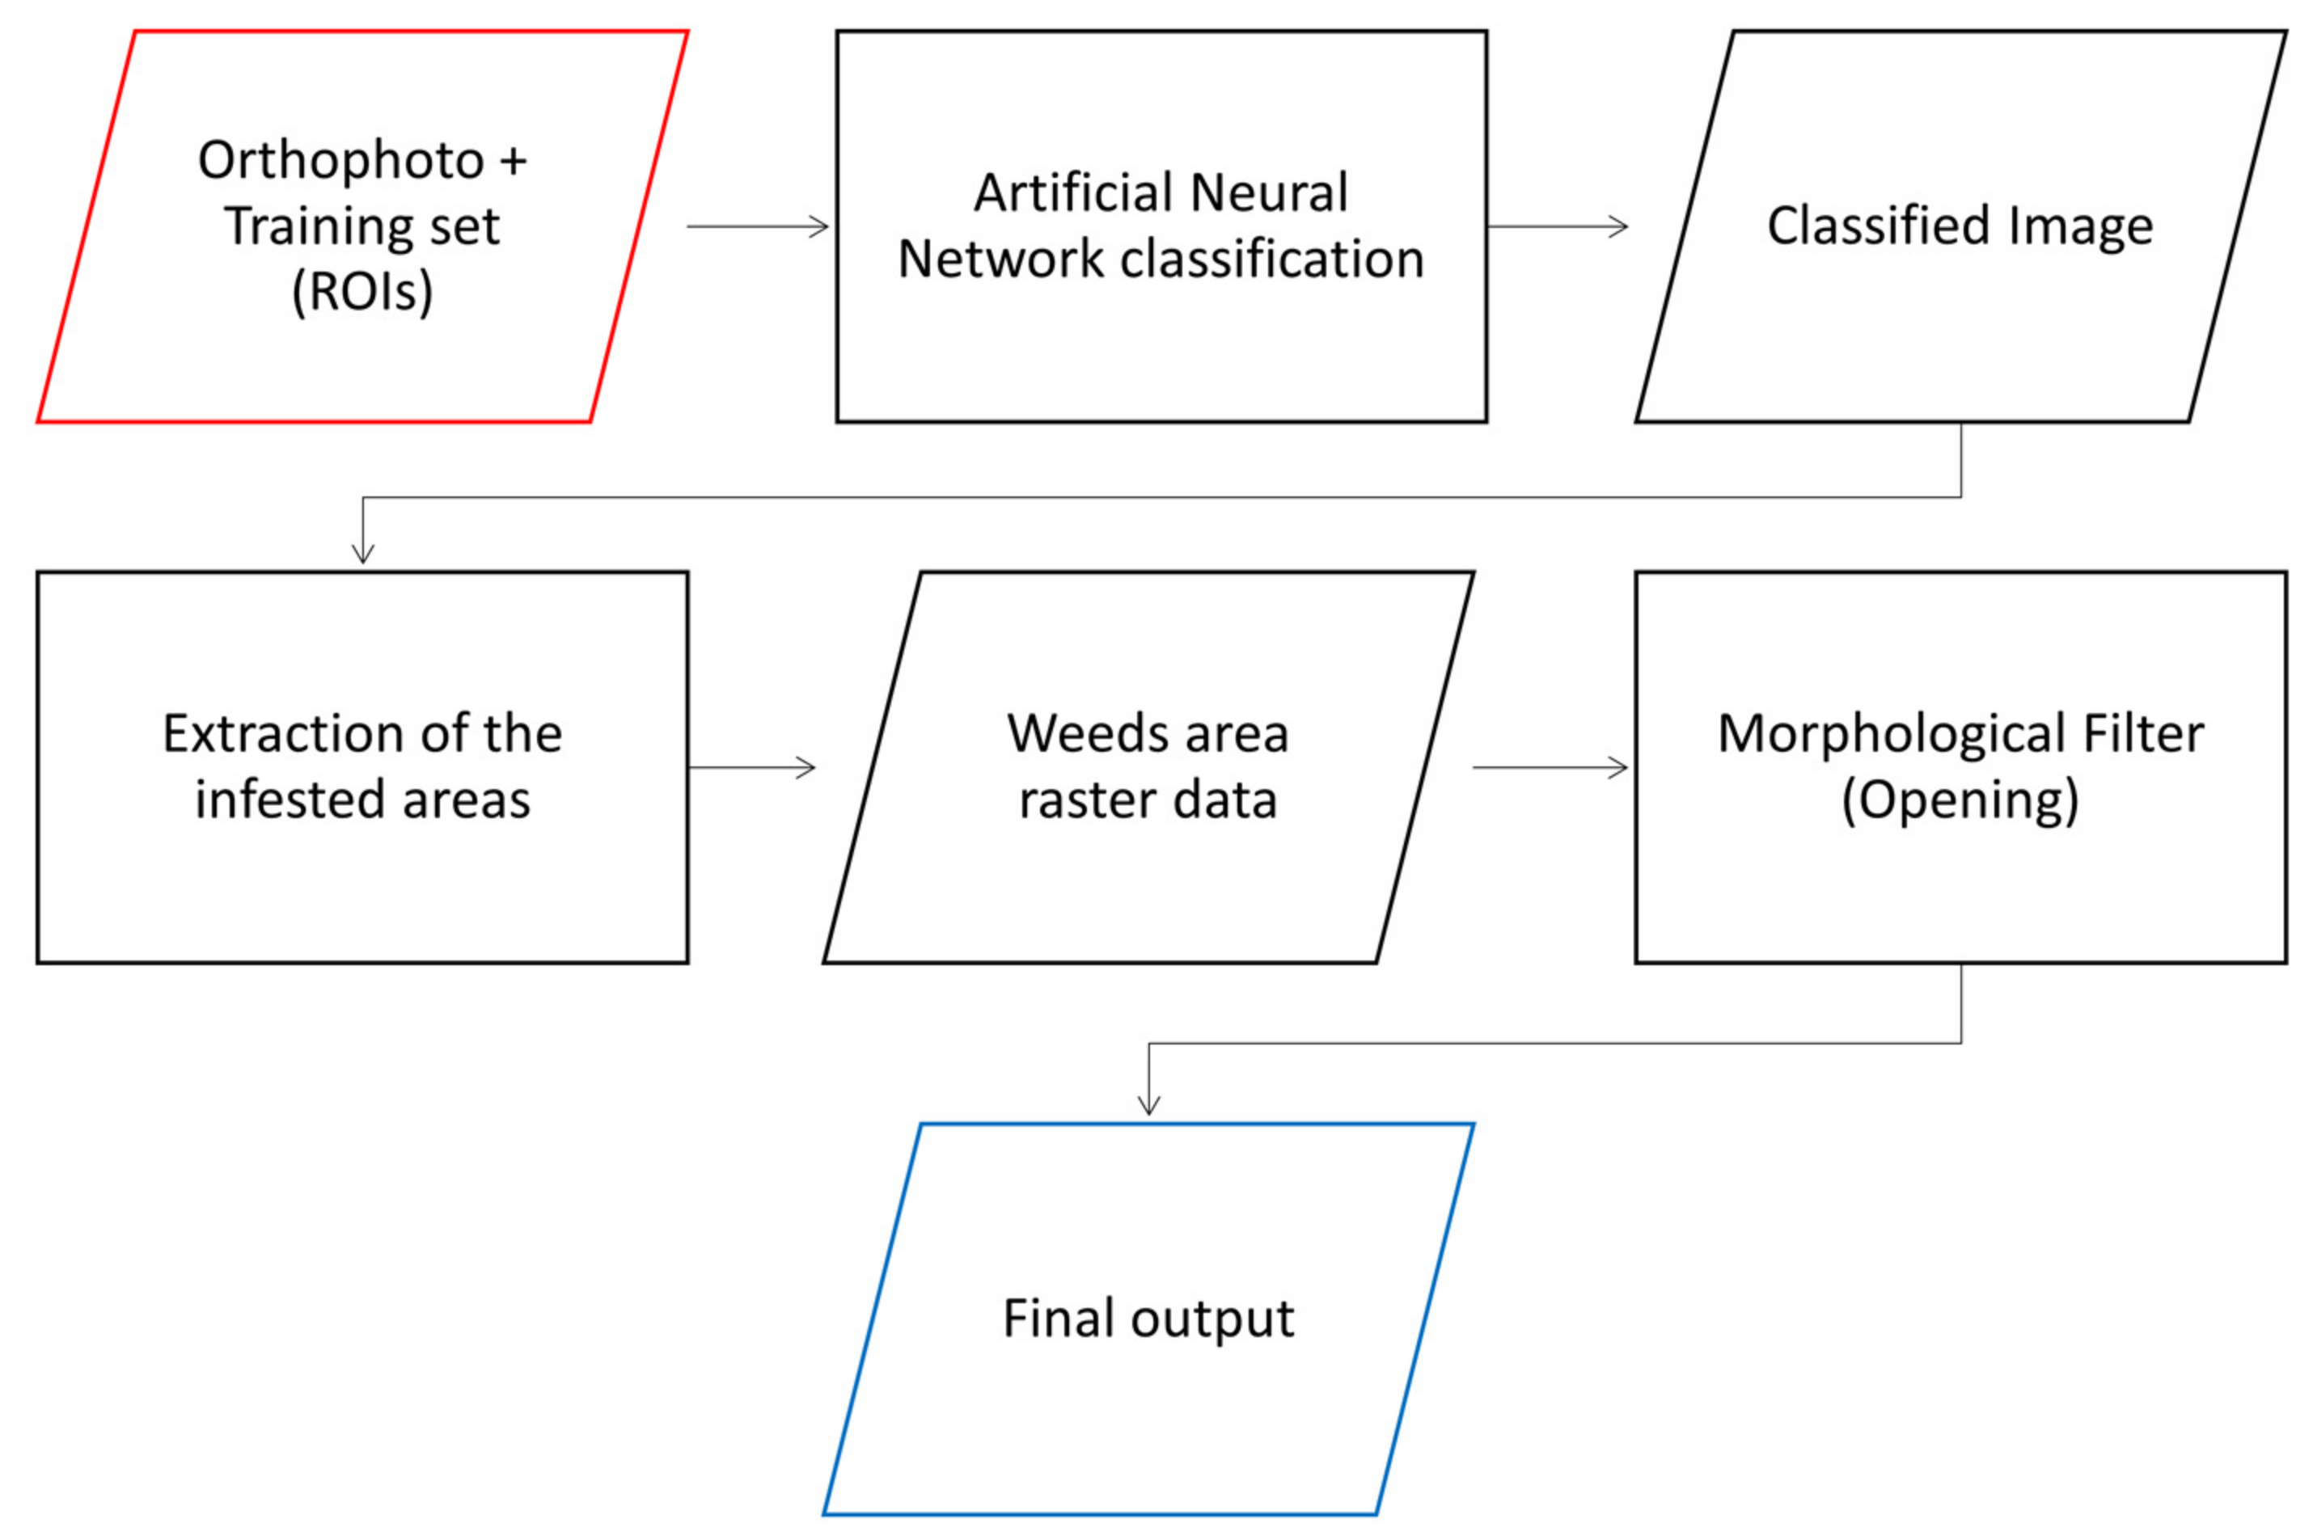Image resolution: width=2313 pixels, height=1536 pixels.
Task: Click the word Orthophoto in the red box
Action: (x=340, y=160)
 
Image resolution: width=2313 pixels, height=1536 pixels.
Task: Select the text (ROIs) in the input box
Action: (x=362, y=291)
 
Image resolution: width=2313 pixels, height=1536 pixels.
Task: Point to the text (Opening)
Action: (x=1960, y=800)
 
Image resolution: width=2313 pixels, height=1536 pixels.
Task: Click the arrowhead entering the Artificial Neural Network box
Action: (x=819, y=227)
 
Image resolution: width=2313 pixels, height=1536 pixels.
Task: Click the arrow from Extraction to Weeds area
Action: (x=751, y=767)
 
